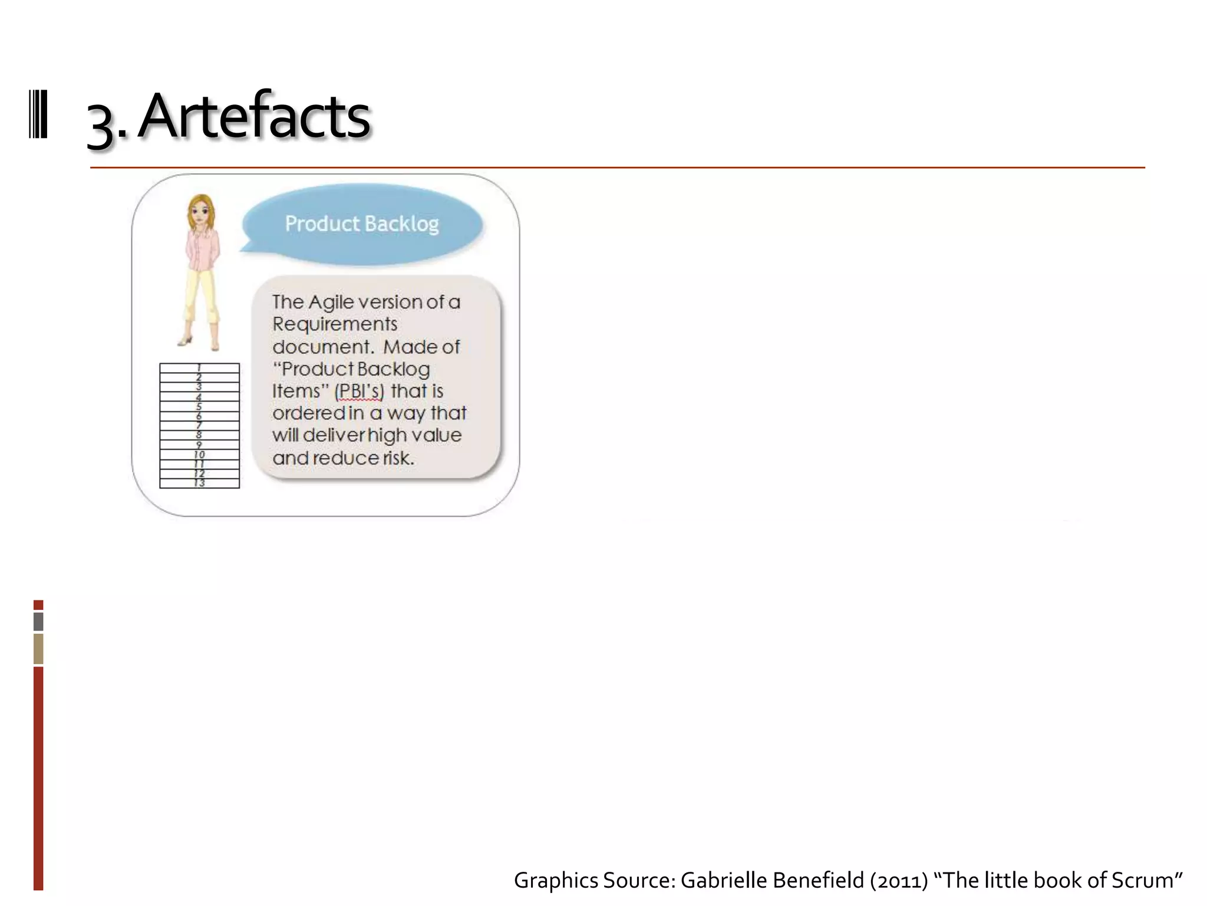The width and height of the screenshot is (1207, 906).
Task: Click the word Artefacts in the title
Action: tap(255, 116)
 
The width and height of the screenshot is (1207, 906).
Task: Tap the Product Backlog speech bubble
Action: tap(362, 224)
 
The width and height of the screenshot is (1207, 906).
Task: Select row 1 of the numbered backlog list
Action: tap(199, 368)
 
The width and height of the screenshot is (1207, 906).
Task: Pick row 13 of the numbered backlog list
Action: tap(199, 483)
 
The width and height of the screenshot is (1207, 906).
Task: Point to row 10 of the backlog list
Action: tap(199, 455)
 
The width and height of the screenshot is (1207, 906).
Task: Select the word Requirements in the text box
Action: tap(335, 324)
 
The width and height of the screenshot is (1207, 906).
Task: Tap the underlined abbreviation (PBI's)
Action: tap(359, 391)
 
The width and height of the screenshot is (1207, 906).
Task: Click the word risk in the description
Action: tap(397, 458)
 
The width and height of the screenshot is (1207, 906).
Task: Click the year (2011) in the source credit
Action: tap(899, 880)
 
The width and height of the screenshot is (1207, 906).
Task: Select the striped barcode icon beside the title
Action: tap(38, 114)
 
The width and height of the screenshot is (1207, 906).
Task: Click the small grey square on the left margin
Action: tap(38, 621)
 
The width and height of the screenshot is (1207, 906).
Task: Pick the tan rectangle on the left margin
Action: tap(38, 649)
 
